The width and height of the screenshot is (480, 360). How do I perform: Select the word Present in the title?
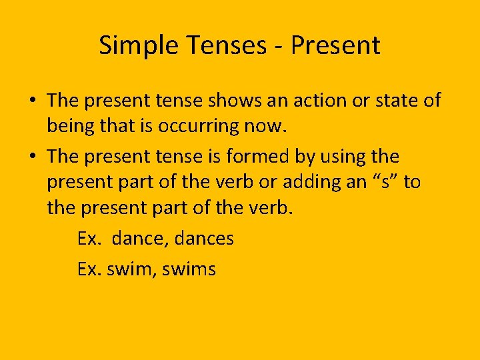(336, 46)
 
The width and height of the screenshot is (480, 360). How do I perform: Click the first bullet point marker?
(32, 101)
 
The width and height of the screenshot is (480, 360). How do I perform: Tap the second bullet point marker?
(32, 157)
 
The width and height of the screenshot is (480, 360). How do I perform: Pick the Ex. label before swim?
(89, 269)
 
